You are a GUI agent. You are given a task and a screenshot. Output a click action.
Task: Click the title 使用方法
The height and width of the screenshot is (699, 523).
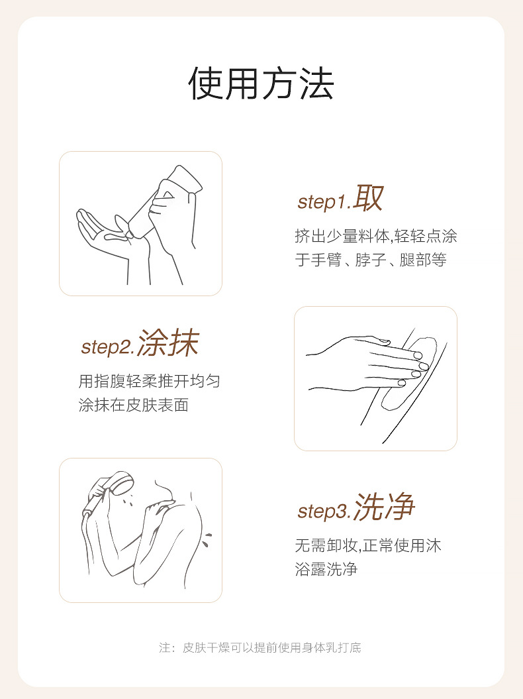click(x=261, y=83)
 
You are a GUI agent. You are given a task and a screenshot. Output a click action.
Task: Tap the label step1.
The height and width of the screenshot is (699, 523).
click(x=324, y=202)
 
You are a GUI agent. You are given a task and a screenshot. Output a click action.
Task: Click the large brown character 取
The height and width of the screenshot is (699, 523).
click(x=368, y=198)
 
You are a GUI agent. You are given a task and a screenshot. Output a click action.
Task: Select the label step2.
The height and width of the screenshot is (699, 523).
click(x=108, y=347)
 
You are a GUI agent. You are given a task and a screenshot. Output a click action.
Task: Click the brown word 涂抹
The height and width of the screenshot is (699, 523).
click(x=168, y=343)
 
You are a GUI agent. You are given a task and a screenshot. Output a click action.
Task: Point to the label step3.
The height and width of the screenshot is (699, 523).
click(x=325, y=511)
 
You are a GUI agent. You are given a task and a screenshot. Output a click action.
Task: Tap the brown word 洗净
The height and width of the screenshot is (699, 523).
click(x=385, y=507)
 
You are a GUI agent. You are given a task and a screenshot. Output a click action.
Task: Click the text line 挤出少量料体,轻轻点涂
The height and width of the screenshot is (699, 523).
click(x=376, y=237)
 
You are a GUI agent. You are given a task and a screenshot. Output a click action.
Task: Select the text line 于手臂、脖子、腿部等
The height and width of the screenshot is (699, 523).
click(x=371, y=260)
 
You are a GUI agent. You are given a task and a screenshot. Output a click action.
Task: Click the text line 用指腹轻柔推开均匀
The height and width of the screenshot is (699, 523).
click(x=149, y=382)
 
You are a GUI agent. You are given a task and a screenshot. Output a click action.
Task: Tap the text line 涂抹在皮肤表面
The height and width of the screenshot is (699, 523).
click(x=134, y=405)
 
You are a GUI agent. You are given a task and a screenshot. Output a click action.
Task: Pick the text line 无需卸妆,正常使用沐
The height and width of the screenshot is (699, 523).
click(x=368, y=546)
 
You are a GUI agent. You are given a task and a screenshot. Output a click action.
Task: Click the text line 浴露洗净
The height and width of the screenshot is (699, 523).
click(x=326, y=569)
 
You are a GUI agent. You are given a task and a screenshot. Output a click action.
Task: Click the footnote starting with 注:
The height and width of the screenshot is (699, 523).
click(x=260, y=648)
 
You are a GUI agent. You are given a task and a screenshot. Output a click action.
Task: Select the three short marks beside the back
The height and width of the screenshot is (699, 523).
click(x=207, y=539)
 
